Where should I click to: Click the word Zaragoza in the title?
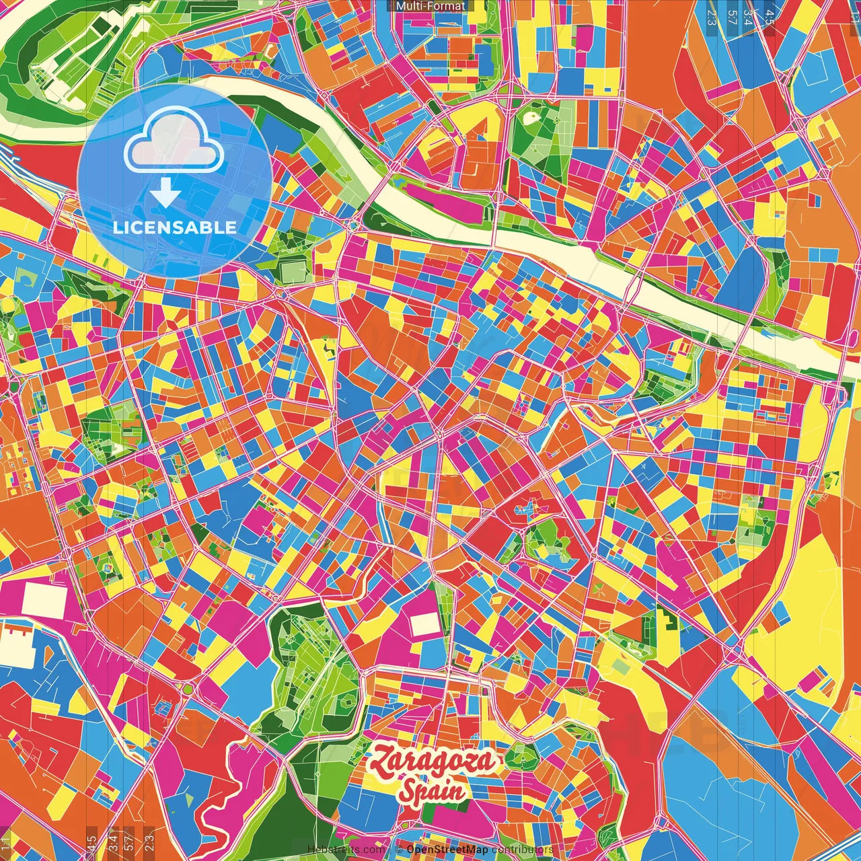click(434, 762)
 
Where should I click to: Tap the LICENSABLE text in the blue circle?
click(175, 227)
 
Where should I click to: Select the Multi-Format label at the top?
click(430, 6)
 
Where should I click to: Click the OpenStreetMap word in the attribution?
click(447, 850)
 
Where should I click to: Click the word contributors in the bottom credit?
click(522, 850)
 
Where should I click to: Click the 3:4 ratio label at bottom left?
click(112, 841)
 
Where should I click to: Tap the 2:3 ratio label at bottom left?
click(149, 841)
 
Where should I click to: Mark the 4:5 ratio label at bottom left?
click(91, 841)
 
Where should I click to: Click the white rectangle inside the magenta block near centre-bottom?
click(424, 624)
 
